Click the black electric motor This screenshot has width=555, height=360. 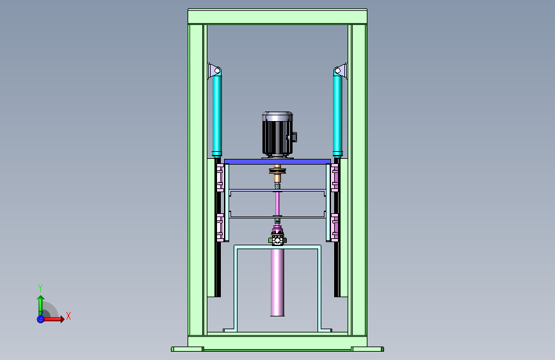(278, 135)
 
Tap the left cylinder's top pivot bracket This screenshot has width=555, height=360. (214, 70)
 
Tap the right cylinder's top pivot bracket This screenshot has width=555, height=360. (341, 70)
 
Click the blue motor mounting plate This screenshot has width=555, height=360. (278, 161)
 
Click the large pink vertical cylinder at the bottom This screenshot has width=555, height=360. (278, 282)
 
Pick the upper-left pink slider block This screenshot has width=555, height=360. (220, 177)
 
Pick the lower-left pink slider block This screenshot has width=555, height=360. (220, 227)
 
